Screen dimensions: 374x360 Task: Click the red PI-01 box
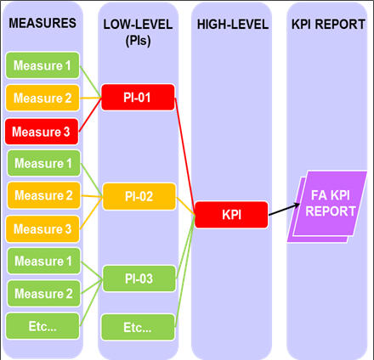(x=138, y=98)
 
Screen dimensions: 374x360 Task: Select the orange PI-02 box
(x=139, y=196)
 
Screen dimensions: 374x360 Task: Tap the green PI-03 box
(x=139, y=278)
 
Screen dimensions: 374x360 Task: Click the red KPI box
(x=231, y=215)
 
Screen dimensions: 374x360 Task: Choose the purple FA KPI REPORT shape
(x=327, y=206)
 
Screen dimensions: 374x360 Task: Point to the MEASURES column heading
(x=42, y=23)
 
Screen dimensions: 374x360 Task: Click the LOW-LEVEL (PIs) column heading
(x=138, y=32)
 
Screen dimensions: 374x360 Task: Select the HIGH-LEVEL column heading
(x=233, y=25)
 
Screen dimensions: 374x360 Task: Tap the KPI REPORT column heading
(x=328, y=25)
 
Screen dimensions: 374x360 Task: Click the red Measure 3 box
(x=42, y=132)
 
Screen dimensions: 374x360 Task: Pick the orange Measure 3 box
(x=42, y=229)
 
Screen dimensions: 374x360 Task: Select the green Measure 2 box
(x=44, y=294)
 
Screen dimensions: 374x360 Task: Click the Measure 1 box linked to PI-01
(x=42, y=65)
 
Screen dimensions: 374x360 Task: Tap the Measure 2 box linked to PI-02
(x=44, y=195)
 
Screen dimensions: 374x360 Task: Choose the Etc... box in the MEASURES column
(x=42, y=326)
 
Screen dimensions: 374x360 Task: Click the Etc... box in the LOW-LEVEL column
(x=138, y=327)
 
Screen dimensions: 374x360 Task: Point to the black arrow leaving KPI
(x=284, y=209)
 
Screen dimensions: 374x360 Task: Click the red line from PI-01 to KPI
(x=184, y=155)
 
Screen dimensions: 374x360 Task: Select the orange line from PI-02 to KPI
(x=185, y=206)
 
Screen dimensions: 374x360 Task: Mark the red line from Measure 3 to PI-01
(x=90, y=115)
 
